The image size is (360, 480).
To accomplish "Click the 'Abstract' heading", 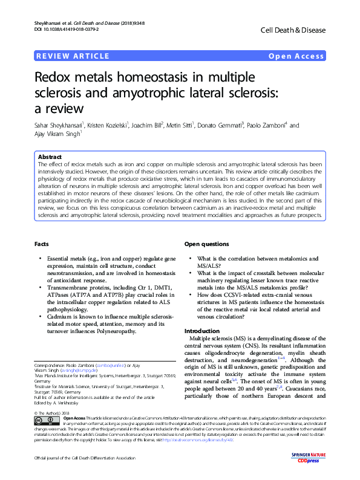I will point(50,157).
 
